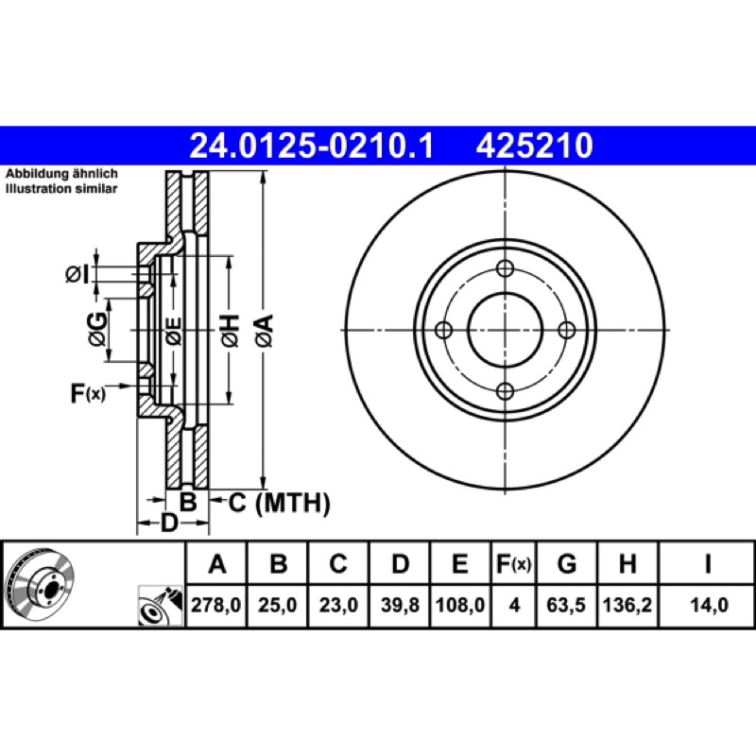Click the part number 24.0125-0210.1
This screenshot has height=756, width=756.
click(312, 146)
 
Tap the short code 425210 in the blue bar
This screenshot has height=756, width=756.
click(534, 146)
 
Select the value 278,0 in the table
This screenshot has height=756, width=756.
click(216, 605)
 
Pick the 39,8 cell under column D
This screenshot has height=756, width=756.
click(400, 605)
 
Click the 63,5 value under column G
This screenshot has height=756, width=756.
click(566, 605)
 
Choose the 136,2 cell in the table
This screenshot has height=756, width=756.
click(627, 605)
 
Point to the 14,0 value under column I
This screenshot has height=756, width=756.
click(708, 605)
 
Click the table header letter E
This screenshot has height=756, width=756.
click(460, 563)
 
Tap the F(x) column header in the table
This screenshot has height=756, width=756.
click(514, 563)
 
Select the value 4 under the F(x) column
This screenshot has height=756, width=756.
click(514, 605)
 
